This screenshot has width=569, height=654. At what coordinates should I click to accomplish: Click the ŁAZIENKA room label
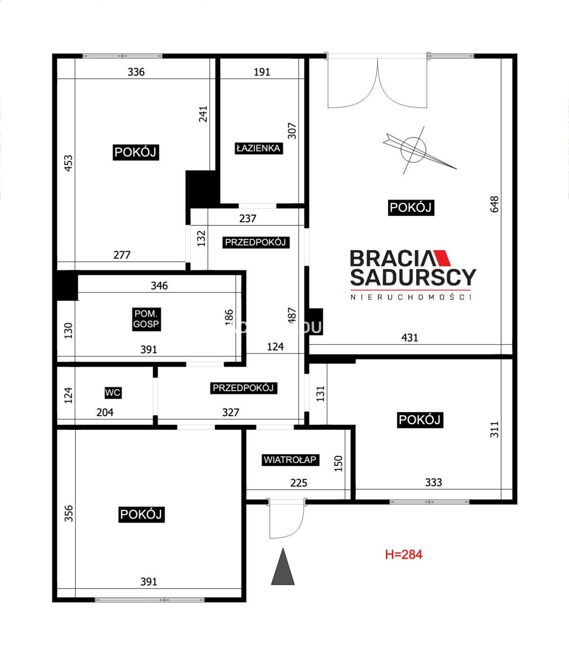[259, 148]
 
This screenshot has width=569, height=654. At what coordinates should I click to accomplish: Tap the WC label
[113, 392]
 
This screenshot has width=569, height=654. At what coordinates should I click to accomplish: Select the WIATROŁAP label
[290, 460]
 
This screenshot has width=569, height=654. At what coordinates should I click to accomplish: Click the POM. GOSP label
[146, 319]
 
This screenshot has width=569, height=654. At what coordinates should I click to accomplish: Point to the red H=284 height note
[404, 554]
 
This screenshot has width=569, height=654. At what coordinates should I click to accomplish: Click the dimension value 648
[495, 204]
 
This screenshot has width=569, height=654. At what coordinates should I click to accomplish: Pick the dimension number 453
[68, 163]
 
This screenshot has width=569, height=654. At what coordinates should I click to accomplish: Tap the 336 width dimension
[136, 72]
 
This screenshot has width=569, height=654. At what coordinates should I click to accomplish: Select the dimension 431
[410, 337]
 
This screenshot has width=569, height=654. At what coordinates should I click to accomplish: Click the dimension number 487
[292, 316]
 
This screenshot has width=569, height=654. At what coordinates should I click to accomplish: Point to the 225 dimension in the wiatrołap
[299, 482]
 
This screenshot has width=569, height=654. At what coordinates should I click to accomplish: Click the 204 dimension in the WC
[105, 412]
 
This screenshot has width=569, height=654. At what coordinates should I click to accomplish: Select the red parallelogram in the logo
[442, 258]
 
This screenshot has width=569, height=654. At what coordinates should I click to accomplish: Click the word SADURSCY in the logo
[413, 277]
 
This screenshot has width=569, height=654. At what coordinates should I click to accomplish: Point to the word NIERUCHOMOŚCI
[411, 297]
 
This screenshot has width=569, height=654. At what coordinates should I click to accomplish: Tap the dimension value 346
[159, 285]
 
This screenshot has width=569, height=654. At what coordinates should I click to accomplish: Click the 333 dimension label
[433, 482]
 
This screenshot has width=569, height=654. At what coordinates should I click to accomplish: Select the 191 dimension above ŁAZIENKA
[262, 72]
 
